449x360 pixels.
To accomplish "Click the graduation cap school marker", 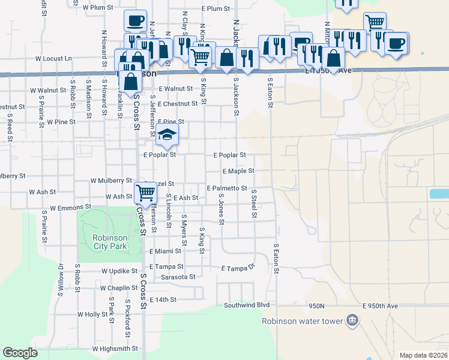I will [168, 135].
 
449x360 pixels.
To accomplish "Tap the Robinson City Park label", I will [110, 242].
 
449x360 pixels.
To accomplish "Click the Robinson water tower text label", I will [302, 320].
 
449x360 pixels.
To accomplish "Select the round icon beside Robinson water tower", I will [352, 320].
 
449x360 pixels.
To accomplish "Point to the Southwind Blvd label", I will [247, 305].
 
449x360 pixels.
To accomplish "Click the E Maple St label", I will [238, 172].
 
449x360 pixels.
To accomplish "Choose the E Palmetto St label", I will [226, 188].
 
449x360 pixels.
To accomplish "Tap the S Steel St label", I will [254, 204].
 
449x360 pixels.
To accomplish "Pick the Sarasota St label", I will [178, 277].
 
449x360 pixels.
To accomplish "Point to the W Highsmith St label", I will [115, 349].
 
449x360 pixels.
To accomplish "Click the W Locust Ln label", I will [53, 59].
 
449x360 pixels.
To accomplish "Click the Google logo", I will [20, 353].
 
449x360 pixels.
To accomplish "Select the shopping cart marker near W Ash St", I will [145, 193].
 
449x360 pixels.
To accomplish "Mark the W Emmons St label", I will [70, 208].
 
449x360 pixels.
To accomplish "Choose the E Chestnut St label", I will [178, 104].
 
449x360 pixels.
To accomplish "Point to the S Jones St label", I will [221, 209].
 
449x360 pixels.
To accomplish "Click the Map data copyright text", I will [423, 355].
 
